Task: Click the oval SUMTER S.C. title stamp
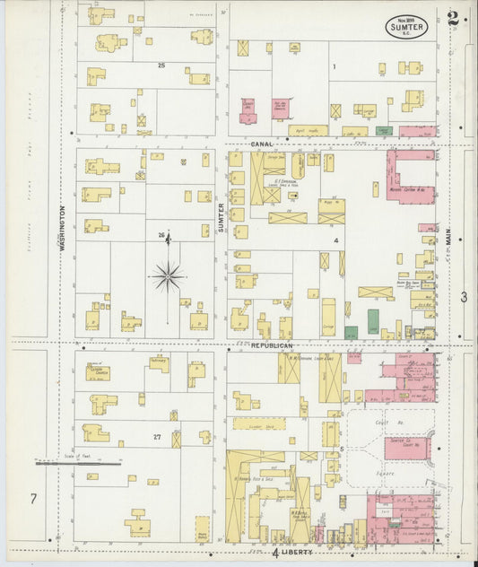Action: pos(408,26)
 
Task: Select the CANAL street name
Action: pos(261,144)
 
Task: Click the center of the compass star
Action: pos(168,276)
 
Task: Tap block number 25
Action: pos(161,65)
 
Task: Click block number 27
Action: pos(157,437)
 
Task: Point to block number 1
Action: pos(333,66)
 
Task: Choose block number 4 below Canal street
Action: pos(335,241)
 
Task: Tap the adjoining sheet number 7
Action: pos(33,498)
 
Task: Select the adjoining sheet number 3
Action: pos(464,297)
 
